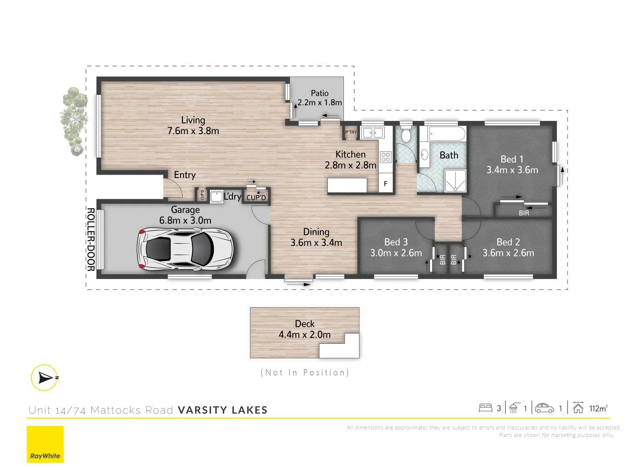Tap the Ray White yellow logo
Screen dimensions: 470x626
pyautogui.click(x=45, y=444)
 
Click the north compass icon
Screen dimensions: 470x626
pyautogui.click(x=44, y=377)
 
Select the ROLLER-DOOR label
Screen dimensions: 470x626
pyautogui.click(x=90, y=239)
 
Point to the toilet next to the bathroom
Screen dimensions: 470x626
pyautogui.click(x=406, y=135)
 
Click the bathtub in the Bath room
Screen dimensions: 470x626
pyautogui.click(x=447, y=134)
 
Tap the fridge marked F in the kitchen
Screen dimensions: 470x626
pyautogui.click(x=385, y=184)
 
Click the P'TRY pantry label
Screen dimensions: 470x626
pyautogui.click(x=351, y=132)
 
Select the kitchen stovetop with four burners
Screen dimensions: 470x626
pyautogui.click(x=386, y=157)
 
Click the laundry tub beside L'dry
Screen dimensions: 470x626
pyautogui.click(x=216, y=197)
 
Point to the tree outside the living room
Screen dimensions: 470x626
pyautogui.click(x=73, y=121)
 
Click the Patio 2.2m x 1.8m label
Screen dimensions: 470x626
pyautogui.click(x=320, y=98)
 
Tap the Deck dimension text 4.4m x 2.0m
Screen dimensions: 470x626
pyautogui.click(x=304, y=335)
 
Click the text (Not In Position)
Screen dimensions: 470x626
pyautogui.click(x=305, y=373)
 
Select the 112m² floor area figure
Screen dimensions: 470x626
pyautogui.click(x=598, y=408)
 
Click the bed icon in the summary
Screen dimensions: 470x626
pyautogui.click(x=485, y=408)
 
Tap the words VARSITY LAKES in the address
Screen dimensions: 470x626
pyautogui.click(x=223, y=410)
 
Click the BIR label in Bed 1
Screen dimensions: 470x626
pyautogui.click(x=524, y=213)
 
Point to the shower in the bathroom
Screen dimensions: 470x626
pyautogui.click(x=455, y=181)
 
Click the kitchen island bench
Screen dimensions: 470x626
pyautogui.click(x=347, y=185)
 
